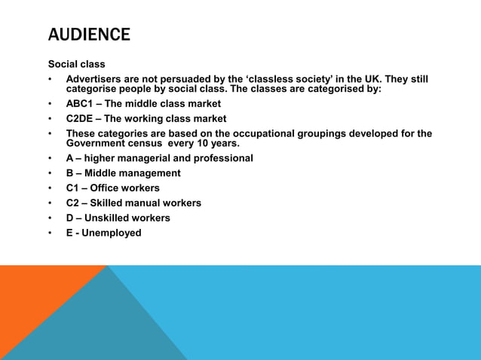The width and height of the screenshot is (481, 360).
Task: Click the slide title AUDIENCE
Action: coord(89,35)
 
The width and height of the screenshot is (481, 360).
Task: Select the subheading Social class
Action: coord(77,64)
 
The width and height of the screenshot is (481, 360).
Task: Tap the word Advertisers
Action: coord(94,79)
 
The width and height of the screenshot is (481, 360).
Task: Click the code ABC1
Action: coord(81,103)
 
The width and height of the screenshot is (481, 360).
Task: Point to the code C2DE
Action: coord(81,118)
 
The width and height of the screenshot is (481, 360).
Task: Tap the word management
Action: coord(149,173)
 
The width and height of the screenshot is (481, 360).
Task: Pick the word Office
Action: coord(106,188)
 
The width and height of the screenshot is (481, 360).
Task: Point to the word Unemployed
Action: coord(112,233)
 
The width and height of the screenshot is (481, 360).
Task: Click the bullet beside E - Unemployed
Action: coord(51,233)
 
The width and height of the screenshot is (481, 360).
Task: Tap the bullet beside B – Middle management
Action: coord(51,173)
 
